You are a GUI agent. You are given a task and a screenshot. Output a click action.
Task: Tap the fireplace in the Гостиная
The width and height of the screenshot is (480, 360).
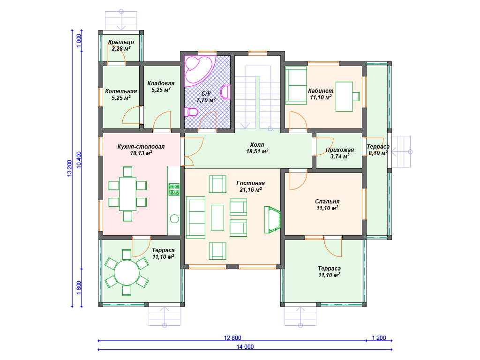[x=272, y=220]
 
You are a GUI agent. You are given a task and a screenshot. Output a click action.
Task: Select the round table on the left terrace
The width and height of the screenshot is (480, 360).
[x=127, y=272]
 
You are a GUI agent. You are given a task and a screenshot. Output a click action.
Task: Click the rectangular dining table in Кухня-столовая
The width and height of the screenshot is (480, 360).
[x=127, y=194]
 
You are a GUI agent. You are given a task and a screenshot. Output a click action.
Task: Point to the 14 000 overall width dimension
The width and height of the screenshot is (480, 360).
[x=245, y=347]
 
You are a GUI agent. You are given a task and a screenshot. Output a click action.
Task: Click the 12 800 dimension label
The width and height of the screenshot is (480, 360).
[x=232, y=338]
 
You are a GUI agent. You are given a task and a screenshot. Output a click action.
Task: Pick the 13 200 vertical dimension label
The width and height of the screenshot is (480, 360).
[x=69, y=168]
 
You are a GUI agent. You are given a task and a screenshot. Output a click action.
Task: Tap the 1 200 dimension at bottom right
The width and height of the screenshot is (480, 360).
[x=379, y=338]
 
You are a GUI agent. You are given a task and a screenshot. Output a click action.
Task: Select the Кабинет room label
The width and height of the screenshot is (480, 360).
[x=321, y=90]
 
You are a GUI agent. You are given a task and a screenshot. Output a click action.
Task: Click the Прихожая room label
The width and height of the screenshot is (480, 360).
[x=340, y=150]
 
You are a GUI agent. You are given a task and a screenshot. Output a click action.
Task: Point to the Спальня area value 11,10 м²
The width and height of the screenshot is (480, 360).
[x=327, y=208]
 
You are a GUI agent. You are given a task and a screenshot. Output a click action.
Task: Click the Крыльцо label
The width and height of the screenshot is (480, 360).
[x=121, y=42]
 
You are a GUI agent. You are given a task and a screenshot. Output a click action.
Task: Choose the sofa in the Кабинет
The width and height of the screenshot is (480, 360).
[x=296, y=86]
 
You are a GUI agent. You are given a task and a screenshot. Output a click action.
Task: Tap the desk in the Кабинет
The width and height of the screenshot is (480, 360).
[x=344, y=97]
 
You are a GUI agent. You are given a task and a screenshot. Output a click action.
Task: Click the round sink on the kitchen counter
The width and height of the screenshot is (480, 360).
[x=174, y=218]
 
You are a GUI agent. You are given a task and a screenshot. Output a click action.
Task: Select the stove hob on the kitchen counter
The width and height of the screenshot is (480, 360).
[x=174, y=189]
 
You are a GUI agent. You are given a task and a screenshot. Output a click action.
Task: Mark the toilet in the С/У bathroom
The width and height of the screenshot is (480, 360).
[x=191, y=112]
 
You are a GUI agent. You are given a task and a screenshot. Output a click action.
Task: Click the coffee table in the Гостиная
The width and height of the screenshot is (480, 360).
[x=217, y=217]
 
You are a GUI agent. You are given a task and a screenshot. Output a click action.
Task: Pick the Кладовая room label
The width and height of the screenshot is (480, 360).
[x=161, y=83]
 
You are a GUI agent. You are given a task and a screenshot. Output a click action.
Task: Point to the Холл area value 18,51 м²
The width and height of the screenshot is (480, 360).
[x=257, y=151]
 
